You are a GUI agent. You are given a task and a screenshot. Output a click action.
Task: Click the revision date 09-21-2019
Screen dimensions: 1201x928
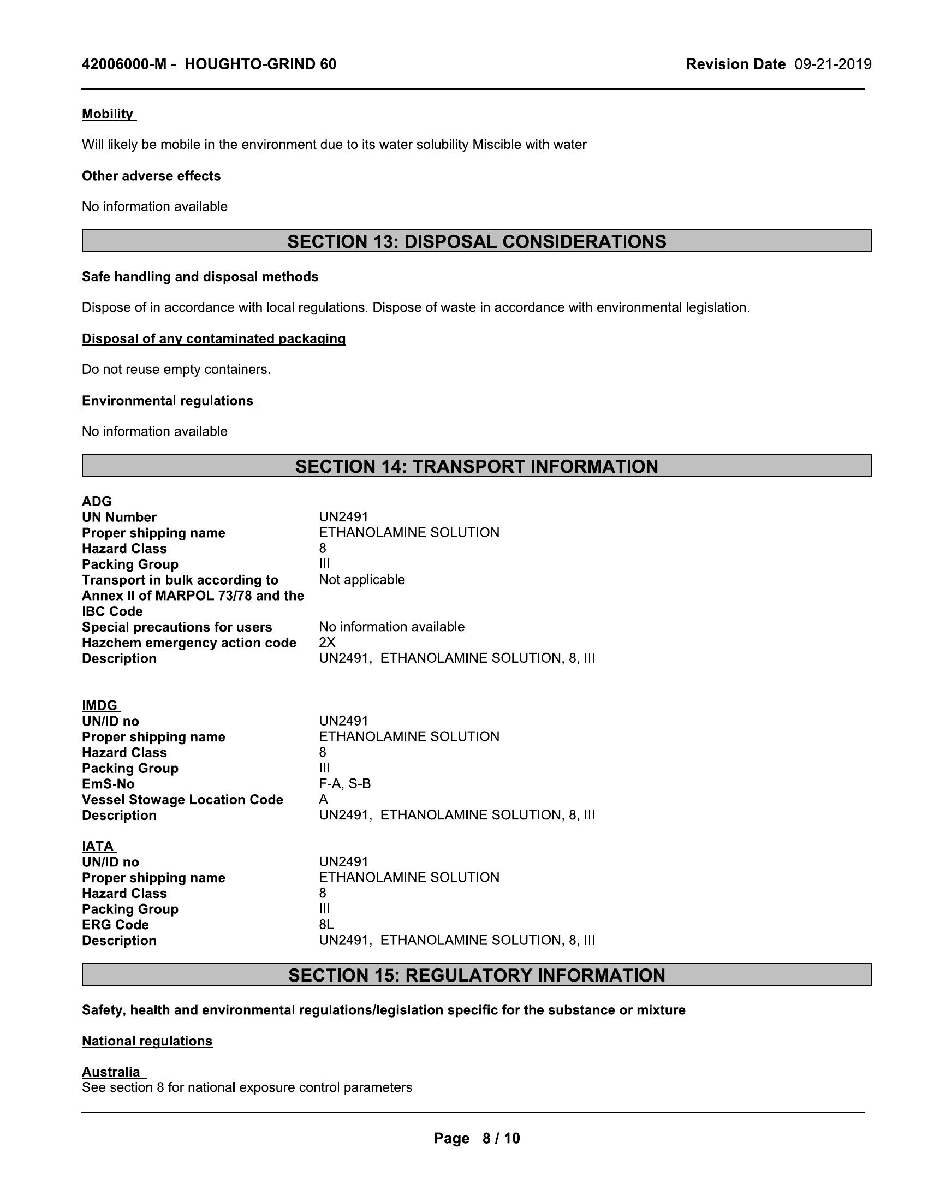832,64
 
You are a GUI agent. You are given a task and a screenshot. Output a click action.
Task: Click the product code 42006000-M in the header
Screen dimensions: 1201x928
124,64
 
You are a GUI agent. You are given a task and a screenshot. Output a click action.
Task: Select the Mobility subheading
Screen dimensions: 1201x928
108,114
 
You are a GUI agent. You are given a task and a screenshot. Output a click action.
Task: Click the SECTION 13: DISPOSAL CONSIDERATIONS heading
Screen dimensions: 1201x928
477,241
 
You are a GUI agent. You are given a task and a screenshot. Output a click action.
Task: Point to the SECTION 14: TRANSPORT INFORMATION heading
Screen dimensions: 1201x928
477,466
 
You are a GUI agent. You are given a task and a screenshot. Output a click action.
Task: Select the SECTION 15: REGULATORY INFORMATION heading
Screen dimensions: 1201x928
477,975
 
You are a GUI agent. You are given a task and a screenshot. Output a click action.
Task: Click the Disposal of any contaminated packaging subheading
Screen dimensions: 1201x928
214,339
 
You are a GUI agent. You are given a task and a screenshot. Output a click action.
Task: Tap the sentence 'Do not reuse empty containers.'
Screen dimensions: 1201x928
176,370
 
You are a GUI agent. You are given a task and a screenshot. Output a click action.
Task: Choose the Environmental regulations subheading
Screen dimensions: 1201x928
168,401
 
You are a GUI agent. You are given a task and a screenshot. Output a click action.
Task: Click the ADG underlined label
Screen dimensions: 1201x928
97,502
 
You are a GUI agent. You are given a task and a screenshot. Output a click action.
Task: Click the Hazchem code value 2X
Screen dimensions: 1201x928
327,643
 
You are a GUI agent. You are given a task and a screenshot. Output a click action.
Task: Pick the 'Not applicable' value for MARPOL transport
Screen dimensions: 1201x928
362,580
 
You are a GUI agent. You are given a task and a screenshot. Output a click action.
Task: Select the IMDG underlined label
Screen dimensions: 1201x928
100,705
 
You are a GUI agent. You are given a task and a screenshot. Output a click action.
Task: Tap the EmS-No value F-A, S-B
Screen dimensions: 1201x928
344,783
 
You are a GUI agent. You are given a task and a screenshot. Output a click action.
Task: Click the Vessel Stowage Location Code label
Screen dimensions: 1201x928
182,800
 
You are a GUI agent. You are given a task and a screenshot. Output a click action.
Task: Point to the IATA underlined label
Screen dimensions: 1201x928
98,846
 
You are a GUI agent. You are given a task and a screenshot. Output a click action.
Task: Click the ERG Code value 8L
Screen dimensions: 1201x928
326,925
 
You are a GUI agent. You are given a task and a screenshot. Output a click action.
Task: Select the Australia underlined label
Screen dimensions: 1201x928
111,1072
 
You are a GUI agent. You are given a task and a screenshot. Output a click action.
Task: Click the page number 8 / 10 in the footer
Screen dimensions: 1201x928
500,1138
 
